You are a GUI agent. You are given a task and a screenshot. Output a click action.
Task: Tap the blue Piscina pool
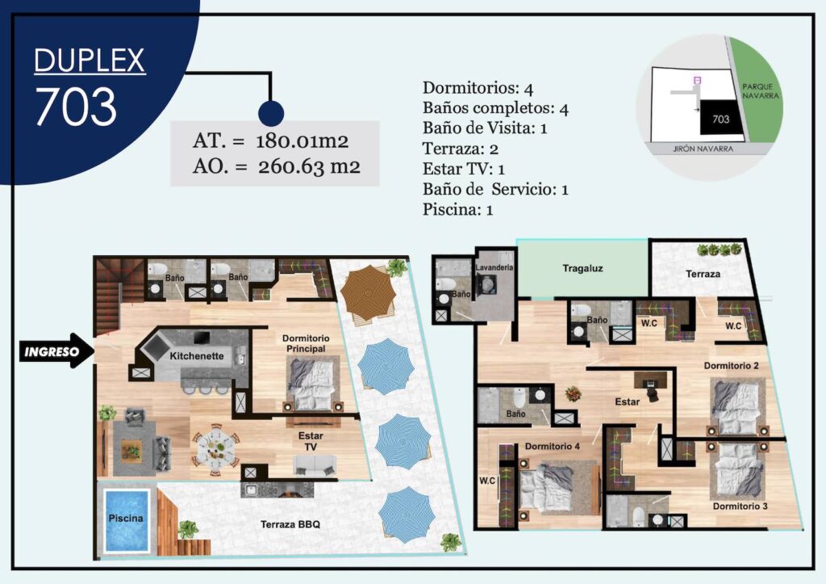tap(127, 520)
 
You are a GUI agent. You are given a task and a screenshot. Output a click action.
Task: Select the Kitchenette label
tap(197, 356)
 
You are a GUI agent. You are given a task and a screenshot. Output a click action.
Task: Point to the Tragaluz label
tap(582, 268)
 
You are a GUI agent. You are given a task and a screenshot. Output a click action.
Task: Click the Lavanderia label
tap(494, 267)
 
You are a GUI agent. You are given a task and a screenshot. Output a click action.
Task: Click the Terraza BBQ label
tap(290, 524)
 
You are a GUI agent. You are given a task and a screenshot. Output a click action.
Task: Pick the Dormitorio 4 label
tap(552, 447)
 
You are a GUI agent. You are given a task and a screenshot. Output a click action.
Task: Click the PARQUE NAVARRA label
tap(760, 91)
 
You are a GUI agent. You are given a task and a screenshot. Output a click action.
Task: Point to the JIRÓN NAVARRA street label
tap(703, 149)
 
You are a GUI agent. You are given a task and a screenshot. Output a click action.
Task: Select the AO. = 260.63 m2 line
tap(277, 166)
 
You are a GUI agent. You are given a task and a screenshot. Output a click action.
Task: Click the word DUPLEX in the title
tap(90, 60)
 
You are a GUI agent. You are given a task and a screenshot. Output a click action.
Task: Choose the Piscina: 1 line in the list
tap(458, 209)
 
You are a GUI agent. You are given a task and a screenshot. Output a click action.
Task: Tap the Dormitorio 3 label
tap(740, 506)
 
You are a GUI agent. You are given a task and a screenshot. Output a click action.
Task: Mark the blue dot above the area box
tap(271, 113)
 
